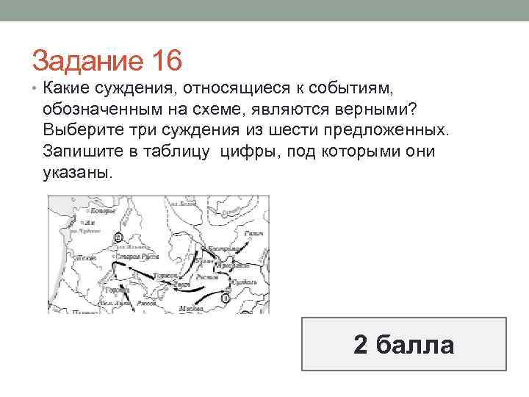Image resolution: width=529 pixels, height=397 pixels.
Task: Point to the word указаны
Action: [79, 174]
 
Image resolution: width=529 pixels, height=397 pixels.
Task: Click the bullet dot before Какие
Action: [35, 90]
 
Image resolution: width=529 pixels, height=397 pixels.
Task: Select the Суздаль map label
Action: [242, 280]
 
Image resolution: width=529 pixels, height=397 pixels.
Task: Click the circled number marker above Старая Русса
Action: [118, 237]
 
